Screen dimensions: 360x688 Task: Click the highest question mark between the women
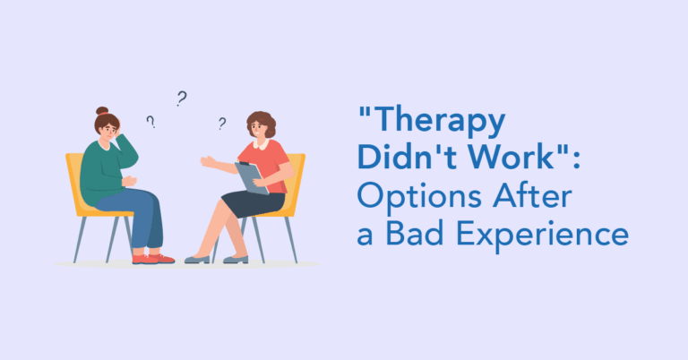pyautogui.click(x=181, y=98)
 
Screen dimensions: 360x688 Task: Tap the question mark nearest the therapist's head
pyautogui.click(x=221, y=124)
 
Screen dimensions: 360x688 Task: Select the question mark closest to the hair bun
pyautogui.click(x=150, y=121)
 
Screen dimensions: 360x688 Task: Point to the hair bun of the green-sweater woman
pyautogui.click(x=101, y=113)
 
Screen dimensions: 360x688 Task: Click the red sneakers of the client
pyautogui.click(x=151, y=258)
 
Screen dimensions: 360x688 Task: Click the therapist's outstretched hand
pyautogui.click(x=206, y=161)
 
